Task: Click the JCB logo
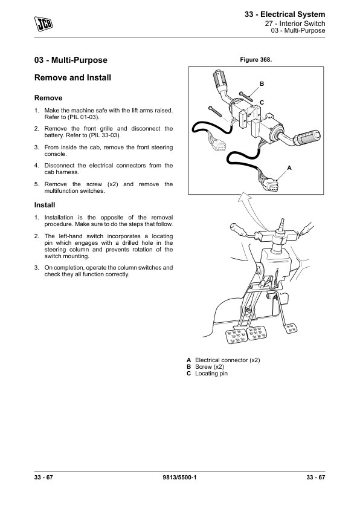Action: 43,24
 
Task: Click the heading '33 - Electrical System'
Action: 284,15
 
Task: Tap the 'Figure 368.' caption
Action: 256,60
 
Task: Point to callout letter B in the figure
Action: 262,84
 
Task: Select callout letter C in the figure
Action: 262,103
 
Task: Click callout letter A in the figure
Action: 289,168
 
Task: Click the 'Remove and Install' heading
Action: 72,77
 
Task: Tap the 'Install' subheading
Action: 45,205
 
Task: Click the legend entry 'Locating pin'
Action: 211,374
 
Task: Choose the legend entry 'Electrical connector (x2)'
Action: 227,360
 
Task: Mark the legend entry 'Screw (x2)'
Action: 209,367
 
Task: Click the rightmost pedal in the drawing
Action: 291,328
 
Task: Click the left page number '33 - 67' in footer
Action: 43,477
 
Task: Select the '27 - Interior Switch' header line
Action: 295,24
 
